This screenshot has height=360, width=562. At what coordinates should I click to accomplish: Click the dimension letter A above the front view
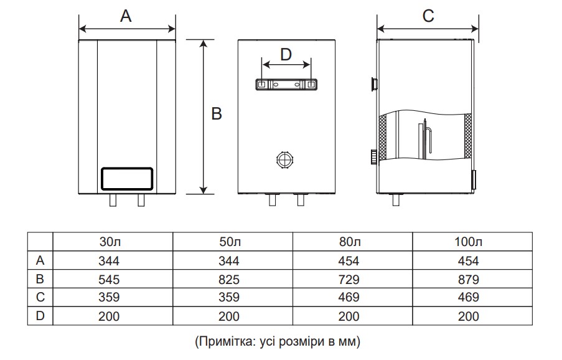pyautogui.click(x=126, y=17)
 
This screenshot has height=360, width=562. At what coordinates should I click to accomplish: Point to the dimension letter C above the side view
pyautogui.click(x=428, y=16)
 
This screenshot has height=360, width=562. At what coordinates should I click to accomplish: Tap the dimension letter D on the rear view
pyautogui.click(x=286, y=54)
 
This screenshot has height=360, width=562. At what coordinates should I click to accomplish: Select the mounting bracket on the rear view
pyautogui.click(x=286, y=85)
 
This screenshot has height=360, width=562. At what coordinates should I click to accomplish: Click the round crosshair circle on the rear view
pyautogui.click(x=284, y=159)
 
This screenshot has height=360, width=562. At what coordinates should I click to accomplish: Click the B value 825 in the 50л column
pyautogui.click(x=229, y=280)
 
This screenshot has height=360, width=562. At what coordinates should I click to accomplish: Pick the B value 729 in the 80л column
pyautogui.click(x=349, y=280)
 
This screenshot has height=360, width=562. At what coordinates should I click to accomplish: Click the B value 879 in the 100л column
pyautogui.click(x=469, y=280)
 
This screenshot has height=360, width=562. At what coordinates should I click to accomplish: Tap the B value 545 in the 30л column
pyautogui.click(x=109, y=280)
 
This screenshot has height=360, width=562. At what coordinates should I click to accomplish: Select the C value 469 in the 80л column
pyautogui.click(x=349, y=298)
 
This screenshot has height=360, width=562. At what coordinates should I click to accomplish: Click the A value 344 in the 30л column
pyautogui.click(x=109, y=261)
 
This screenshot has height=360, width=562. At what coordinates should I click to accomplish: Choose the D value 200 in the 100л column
pyautogui.click(x=469, y=316)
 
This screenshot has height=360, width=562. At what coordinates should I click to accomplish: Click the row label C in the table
pyautogui.click(x=40, y=298)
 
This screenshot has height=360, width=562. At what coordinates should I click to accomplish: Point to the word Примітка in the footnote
pyautogui.click(x=223, y=341)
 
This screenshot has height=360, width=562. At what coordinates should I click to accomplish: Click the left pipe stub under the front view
pyautogui.click(x=113, y=201)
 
